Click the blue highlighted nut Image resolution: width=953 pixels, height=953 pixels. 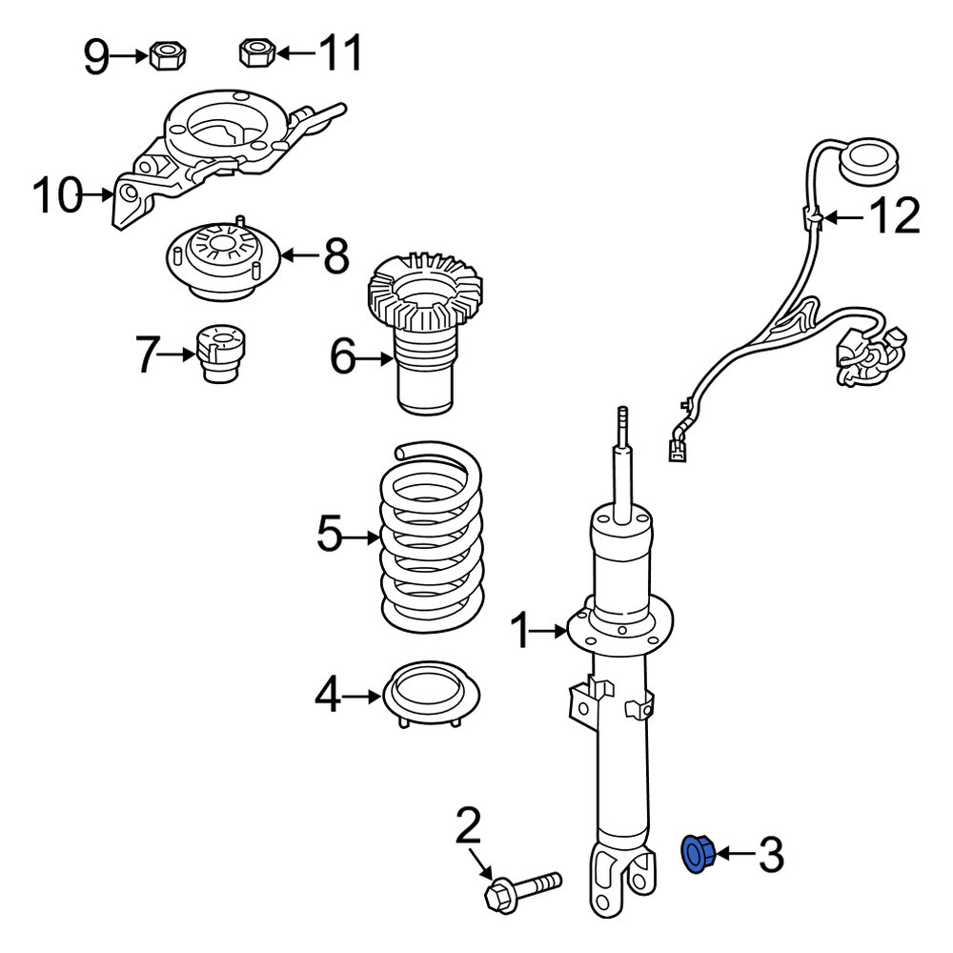(698, 854)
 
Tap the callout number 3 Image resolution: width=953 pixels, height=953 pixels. (771, 855)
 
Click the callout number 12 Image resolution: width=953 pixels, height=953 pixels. (895, 215)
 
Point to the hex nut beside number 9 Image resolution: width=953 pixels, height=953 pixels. (167, 55)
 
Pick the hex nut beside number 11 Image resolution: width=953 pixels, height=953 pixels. (257, 52)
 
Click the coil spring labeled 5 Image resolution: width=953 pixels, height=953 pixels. (432, 537)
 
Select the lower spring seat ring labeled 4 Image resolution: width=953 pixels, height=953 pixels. (431, 694)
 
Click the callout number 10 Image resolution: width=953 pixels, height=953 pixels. (56, 194)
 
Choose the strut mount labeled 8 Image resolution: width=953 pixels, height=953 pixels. (222, 259)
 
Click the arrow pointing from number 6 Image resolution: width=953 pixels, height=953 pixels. (374, 359)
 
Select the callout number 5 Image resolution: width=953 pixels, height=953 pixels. (330, 533)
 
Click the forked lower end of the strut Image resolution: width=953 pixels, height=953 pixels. (621, 877)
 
